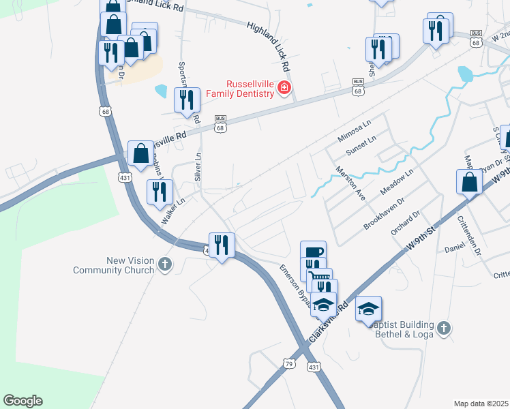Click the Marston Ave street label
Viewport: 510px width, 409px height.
(350, 183)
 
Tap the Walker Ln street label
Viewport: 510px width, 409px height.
(173, 212)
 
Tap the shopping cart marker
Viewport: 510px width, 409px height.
(319, 280)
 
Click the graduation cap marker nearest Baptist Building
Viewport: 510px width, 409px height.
(368, 309)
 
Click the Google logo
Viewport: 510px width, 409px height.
(22, 401)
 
